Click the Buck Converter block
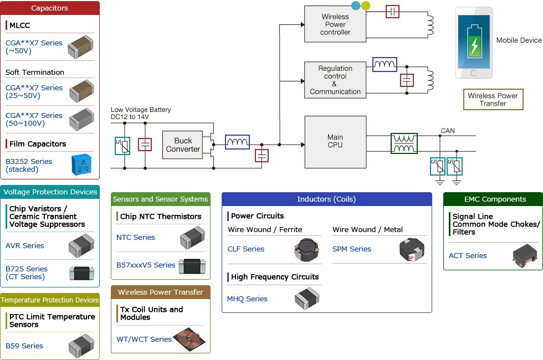[x=183, y=145]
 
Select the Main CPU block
[x=335, y=141]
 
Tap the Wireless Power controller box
[x=335, y=24]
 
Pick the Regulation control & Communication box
[x=335, y=80]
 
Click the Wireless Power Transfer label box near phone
[x=493, y=100]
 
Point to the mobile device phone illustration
[x=473, y=43]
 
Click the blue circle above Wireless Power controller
[x=356, y=6]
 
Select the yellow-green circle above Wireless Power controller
[x=366, y=6]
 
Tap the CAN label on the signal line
[x=448, y=131]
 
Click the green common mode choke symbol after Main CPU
[x=404, y=143]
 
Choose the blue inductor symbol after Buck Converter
[x=237, y=142]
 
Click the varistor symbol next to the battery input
[x=122, y=146]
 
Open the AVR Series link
[x=25, y=245]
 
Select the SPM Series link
[x=352, y=249]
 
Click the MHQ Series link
[x=247, y=299]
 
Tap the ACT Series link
[x=468, y=255]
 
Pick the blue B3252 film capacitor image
[x=83, y=165]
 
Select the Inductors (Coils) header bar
[x=326, y=199]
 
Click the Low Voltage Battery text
[x=141, y=110]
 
